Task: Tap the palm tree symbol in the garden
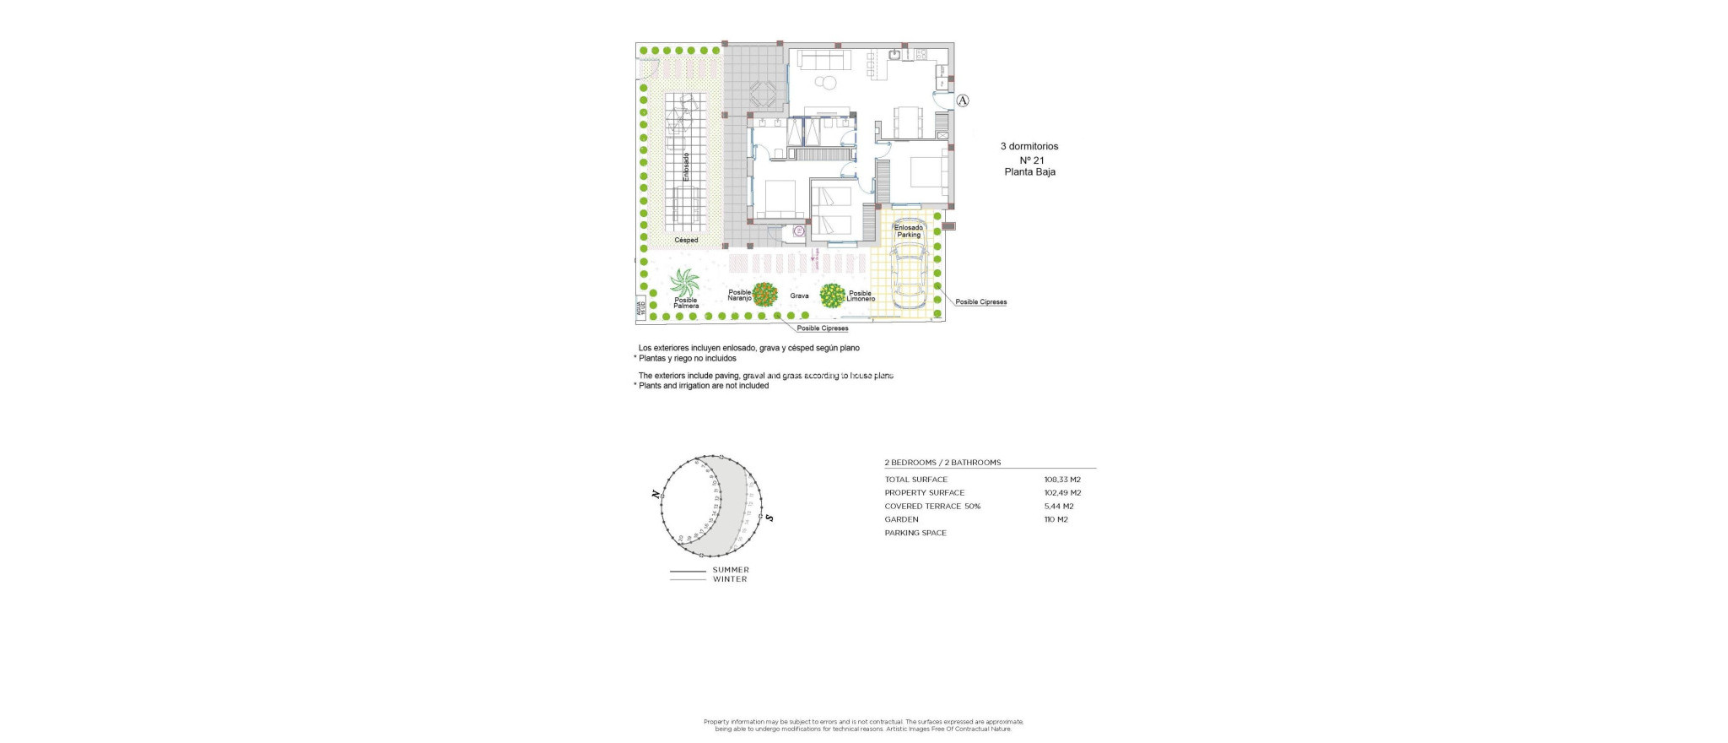684,283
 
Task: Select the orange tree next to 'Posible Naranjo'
765,295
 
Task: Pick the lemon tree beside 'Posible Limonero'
833,296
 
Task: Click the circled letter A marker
963,100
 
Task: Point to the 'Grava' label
799,296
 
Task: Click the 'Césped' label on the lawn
686,241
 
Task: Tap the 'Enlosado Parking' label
909,231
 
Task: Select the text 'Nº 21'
1031,160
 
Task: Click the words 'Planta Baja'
1029,172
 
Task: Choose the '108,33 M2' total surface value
1062,480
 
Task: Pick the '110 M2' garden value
1056,520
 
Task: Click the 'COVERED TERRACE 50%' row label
932,507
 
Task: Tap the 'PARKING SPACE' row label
915,534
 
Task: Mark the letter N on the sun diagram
656,494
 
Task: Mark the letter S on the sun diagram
769,518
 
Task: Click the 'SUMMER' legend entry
731,570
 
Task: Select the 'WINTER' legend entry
730,579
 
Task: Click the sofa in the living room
823,60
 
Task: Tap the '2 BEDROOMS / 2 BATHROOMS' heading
942,463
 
